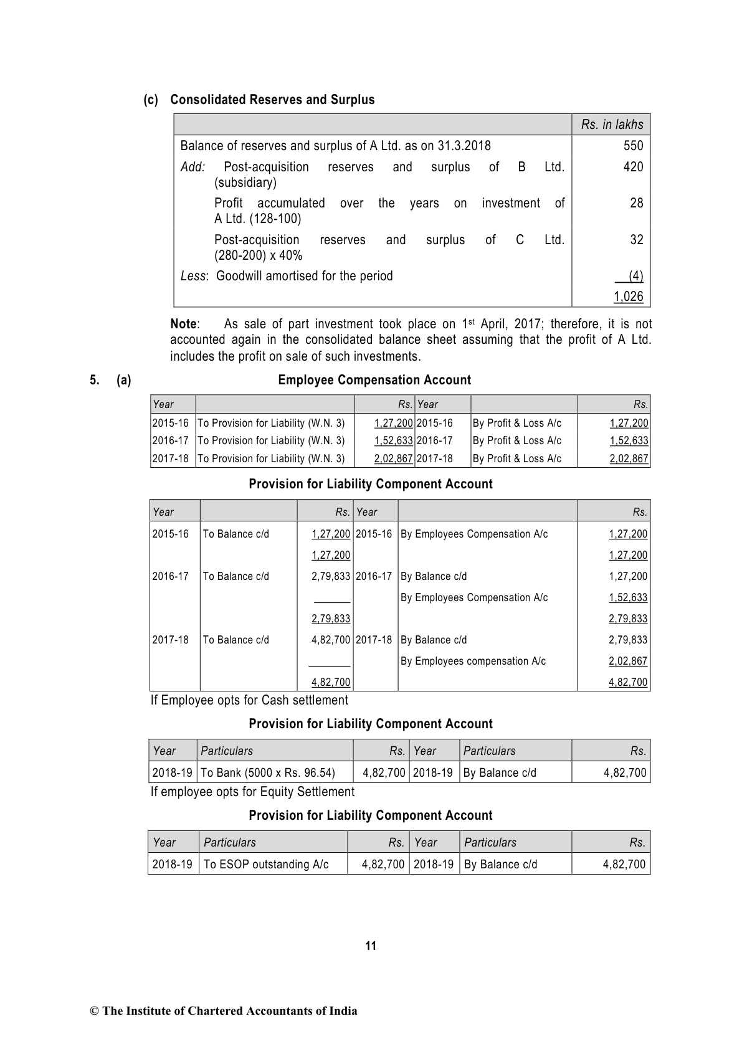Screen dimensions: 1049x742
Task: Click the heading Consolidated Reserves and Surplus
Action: (x=272, y=100)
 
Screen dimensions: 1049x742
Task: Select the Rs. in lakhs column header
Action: (x=612, y=125)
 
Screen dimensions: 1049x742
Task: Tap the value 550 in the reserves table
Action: (x=633, y=146)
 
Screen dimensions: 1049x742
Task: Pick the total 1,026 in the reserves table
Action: (x=628, y=297)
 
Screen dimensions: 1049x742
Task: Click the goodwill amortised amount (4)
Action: (x=635, y=276)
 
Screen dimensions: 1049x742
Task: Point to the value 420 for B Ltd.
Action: (x=633, y=167)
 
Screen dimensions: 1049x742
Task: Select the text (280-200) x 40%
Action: (x=259, y=255)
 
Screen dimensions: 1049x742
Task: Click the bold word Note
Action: (x=184, y=324)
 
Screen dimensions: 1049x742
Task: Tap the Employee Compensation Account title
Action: (x=374, y=380)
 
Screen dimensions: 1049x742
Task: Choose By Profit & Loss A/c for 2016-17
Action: (x=516, y=441)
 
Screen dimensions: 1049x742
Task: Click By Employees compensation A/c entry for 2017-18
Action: (x=473, y=661)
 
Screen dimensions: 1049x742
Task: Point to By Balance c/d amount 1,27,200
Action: (x=628, y=576)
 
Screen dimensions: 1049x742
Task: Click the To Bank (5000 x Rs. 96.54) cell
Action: (x=268, y=773)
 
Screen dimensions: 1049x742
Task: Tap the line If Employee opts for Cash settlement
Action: (x=249, y=700)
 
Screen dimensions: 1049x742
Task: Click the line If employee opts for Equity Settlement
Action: (x=252, y=792)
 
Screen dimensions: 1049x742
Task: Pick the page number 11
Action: (x=371, y=946)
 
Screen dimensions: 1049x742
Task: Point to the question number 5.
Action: (x=94, y=380)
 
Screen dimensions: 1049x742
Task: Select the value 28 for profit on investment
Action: (x=636, y=203)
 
